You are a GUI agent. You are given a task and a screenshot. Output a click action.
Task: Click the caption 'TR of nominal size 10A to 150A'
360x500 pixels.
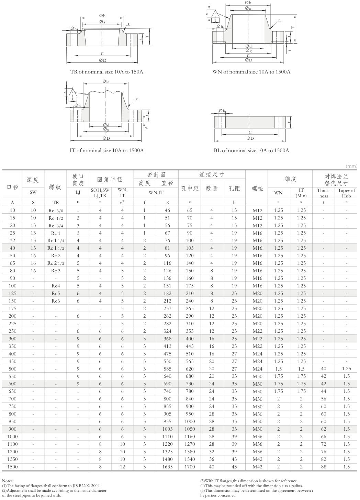106,72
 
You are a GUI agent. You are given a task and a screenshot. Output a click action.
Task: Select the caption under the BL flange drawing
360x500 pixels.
251,150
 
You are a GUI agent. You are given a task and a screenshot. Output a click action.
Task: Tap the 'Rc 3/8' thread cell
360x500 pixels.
56,210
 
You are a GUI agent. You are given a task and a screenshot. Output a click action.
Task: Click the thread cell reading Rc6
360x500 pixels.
56,301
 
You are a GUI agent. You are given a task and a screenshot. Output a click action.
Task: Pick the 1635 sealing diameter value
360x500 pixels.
167,467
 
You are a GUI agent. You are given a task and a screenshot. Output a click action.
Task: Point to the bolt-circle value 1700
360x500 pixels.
189,467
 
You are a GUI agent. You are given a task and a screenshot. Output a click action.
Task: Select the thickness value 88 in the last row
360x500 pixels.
323,467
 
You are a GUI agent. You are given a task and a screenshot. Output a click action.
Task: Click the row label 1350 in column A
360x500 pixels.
12,459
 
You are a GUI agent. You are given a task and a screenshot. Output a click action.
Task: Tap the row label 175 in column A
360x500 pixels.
12,308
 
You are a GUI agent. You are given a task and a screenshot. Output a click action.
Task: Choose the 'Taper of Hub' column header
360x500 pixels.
346,193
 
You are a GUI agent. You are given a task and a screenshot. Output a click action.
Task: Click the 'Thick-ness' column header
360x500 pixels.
323,193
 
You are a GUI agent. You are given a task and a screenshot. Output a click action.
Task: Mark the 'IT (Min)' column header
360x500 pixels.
301,193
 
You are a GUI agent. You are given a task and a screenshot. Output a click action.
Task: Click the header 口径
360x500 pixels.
12,187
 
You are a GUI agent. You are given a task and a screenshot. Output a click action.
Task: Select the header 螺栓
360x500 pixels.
257,189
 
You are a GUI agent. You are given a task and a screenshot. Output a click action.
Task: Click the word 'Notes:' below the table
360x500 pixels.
8,481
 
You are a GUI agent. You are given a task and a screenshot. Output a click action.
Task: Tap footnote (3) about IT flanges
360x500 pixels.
249,481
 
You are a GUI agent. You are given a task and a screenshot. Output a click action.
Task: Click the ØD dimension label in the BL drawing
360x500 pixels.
250,138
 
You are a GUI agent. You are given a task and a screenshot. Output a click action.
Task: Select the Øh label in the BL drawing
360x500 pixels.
222,111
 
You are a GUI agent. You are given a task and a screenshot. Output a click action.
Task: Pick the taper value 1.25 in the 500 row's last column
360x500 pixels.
346,368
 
